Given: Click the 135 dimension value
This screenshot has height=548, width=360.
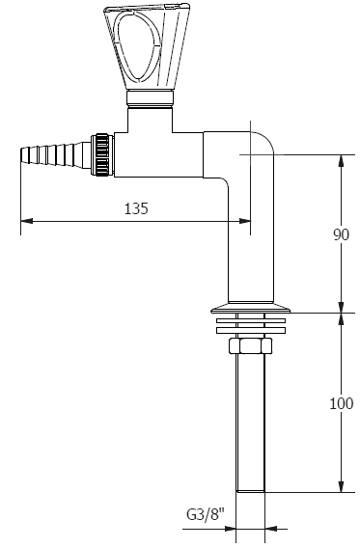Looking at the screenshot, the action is tap(136, 208).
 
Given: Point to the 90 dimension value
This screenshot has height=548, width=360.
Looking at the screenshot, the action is tap(341, 234).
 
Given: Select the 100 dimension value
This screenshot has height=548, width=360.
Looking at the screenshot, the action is tap(342, 403).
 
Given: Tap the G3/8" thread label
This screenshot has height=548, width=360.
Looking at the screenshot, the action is tap(206, 515).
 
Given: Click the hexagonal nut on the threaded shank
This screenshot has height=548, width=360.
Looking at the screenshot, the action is tap(250, 345).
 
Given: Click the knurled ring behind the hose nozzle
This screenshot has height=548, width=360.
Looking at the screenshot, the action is tap(102, 154).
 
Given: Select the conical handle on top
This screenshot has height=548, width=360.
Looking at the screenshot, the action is tap(147, 46).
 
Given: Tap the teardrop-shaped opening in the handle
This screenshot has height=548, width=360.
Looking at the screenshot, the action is tap(138, 46).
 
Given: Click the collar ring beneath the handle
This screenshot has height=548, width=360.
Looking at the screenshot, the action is tap(150, 99).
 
